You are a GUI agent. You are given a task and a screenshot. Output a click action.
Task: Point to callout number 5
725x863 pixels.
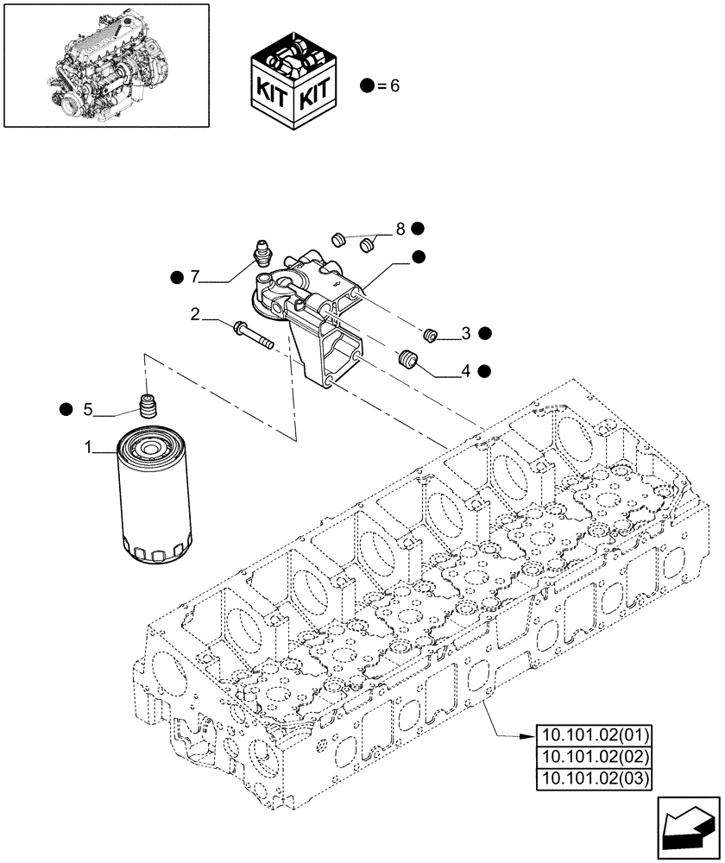click(87, 409)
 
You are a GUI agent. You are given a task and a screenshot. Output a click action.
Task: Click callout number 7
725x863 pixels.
click(195, 276)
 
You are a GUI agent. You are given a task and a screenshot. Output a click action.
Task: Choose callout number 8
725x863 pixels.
click(400, 229)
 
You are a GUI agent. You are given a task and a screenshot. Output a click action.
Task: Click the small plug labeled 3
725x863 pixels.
click(434, 335)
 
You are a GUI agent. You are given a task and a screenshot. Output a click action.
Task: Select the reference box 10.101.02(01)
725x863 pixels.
click(595, 736)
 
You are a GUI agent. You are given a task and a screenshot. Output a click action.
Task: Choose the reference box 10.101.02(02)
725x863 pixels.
click(595, 758)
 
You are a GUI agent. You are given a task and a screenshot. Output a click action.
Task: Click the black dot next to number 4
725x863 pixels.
click(484, 371)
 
